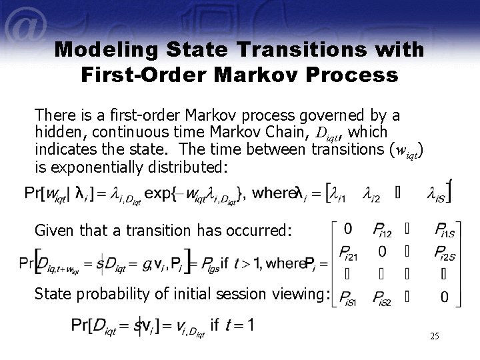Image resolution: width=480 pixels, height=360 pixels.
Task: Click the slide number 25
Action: coord(434,337)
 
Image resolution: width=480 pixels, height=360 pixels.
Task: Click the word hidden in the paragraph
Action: coord(57,132)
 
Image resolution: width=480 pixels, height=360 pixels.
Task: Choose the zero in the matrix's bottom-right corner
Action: coord(443,297)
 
